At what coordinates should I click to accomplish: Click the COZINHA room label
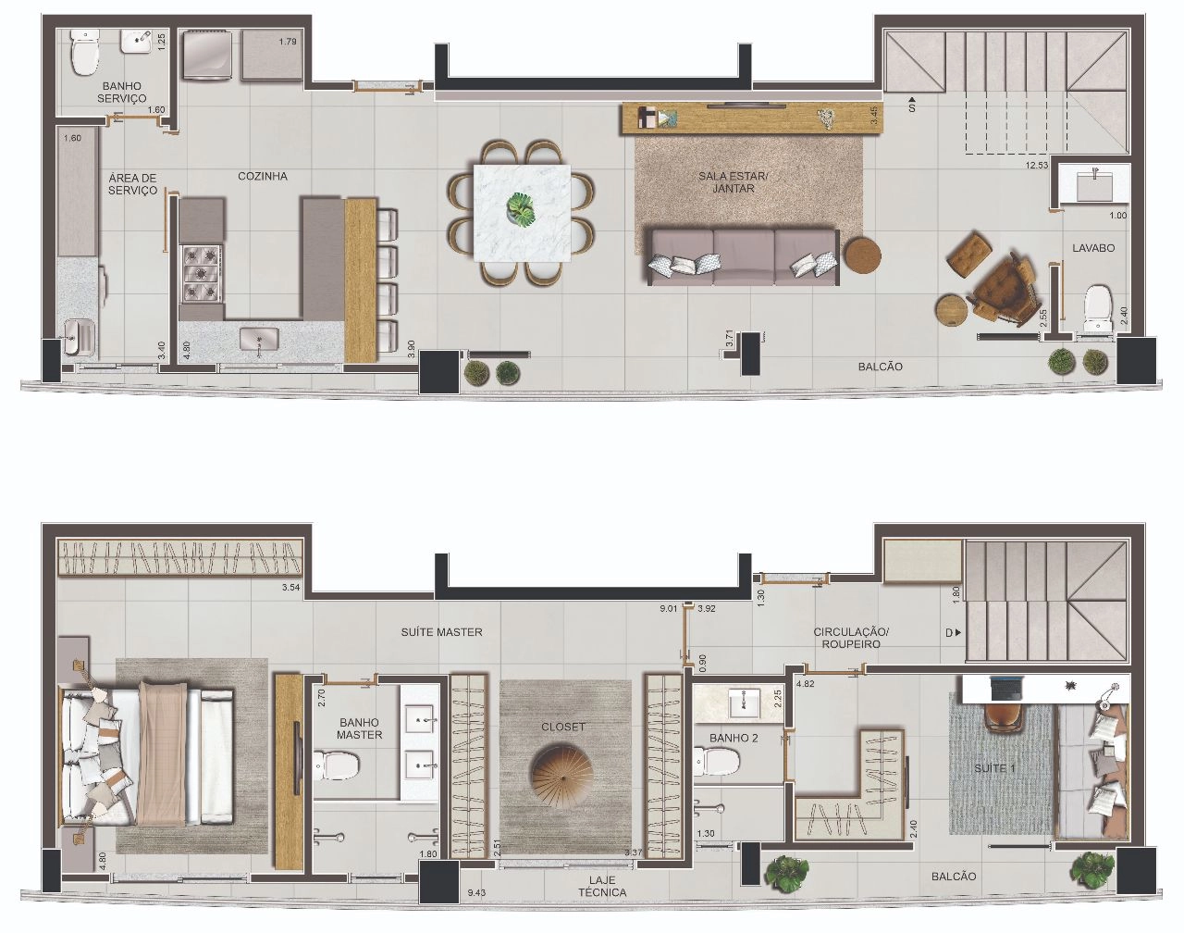click(263, 176)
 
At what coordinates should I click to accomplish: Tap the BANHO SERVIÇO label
click(121, 92)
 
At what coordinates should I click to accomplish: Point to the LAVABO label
click(1093, 248)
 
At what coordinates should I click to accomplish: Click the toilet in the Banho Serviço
click(85, 52)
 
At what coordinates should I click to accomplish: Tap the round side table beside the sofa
click(863, 255)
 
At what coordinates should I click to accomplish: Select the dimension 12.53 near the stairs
click(1036, 164)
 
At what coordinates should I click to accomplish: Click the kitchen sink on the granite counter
click(259, 340)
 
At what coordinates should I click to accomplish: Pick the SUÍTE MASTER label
click(441, 632)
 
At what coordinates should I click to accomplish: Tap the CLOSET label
click(562, 727)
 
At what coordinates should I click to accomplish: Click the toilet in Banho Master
click(336, 764)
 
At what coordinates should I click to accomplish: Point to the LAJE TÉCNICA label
click(602, 886)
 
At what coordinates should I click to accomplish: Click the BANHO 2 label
click(734, 738)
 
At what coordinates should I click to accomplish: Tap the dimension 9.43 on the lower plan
click(475, 892)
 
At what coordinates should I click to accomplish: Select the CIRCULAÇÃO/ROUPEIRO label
click(851, 638)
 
